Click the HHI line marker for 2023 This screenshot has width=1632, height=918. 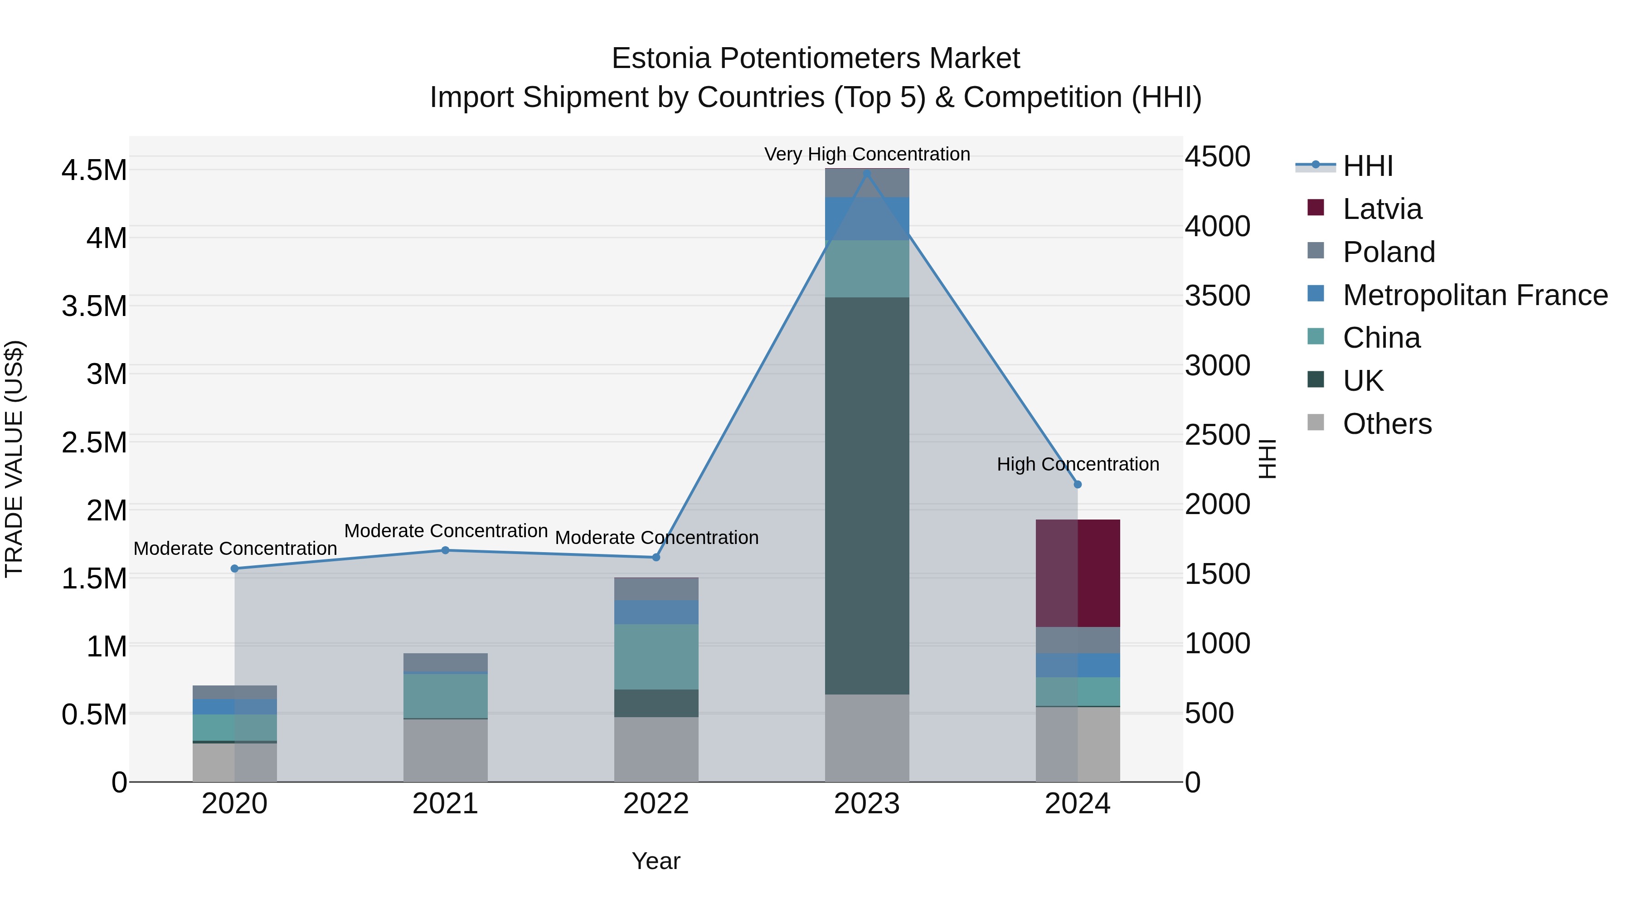pos(867,173)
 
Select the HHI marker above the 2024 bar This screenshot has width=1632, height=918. pos(1078,484)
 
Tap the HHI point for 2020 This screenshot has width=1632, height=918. pos(234,568)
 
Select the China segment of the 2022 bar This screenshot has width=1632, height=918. pos(656,656)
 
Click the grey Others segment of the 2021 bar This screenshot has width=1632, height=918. pos(445,750)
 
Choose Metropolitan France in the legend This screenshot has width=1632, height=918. pos(1474,295)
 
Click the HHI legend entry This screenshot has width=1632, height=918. pos(1367,166)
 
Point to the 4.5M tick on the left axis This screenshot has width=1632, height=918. pos(94,170)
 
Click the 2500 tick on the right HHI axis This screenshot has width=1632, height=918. pos(1217,435)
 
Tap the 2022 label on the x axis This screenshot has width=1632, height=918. pos(656,804)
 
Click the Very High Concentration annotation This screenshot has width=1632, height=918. pos(867,154)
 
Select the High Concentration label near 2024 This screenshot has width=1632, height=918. pos(1078,464)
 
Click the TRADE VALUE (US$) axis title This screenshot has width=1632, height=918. pos(14,459)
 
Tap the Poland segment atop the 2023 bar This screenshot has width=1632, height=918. pos(867,183)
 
